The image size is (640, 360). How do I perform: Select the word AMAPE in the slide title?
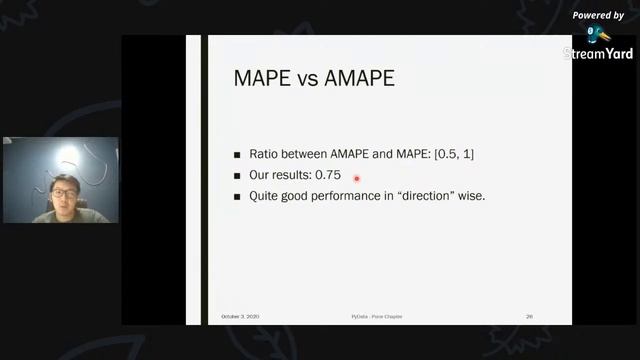(355, 77)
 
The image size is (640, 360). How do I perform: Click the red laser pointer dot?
(356, 179)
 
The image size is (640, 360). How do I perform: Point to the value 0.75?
(327, 175)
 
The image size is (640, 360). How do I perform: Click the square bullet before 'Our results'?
(237, 176)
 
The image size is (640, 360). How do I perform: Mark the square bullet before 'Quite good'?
(237, 196)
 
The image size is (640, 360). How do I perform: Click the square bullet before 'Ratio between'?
(237, 156)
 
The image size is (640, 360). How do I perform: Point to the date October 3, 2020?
(240, 316)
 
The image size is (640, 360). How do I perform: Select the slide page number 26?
(529, 316)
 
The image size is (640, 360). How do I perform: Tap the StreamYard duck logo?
(596, 35)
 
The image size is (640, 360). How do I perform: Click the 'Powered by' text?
(598, 16)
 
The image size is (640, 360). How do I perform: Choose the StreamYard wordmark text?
(598, 54)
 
